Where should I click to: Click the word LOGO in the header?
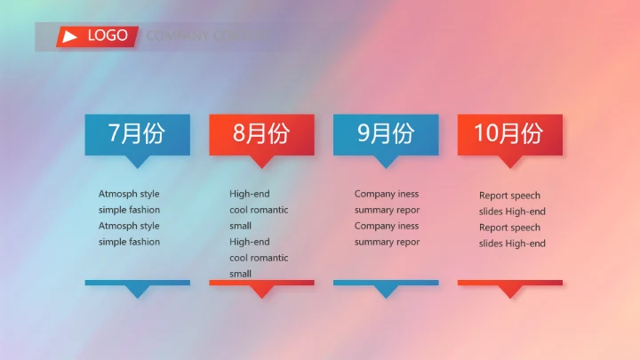[108, 36]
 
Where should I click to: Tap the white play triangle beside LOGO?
[70, 36]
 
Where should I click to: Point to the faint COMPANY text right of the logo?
[196, 36]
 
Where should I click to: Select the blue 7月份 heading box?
[137, 134]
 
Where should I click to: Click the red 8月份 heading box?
[261, 134]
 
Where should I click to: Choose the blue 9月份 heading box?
[386, 134]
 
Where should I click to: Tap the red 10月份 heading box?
[509, 134]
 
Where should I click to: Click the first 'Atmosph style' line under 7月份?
[129, 194]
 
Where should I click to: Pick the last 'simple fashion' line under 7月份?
[129, 242]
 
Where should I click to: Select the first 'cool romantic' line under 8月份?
[259, 210]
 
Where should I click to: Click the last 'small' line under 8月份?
[240, 274]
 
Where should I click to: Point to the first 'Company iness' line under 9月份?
[387, 194]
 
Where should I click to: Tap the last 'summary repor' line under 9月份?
[387, 242]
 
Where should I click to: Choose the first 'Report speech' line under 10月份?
[509, 196]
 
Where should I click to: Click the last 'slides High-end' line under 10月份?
[512, 244]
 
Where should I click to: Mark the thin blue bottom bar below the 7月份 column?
[137, 283]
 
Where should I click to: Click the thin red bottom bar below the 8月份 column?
[261, 283]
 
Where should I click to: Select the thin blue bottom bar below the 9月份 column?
[386, 283]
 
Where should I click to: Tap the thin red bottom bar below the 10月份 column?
[509, 283]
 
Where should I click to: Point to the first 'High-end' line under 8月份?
[249, 194]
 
